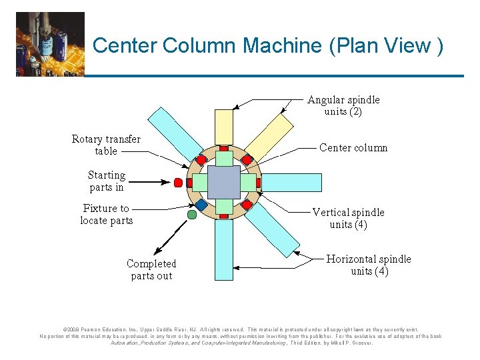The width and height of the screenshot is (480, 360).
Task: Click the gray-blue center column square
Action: pos(223,182)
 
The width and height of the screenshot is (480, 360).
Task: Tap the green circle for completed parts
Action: pos(192,215)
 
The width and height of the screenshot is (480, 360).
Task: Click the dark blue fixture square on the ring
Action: pos(201,204)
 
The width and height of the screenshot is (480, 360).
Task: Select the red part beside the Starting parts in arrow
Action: pos(178,182)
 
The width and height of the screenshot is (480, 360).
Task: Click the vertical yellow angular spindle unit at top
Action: pos(224,127)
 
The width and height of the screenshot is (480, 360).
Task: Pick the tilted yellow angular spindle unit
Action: pos(270,137)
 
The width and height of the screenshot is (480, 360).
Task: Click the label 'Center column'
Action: pos(353,147)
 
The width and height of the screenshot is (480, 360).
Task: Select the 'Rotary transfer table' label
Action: pos(106,145)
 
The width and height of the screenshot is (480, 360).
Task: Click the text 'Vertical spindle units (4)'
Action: pos(348,218)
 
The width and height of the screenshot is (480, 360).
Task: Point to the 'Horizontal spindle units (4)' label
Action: pos(369,265)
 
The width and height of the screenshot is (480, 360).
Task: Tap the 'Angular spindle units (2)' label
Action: pos(343,105)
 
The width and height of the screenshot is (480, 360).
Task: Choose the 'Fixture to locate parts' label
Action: pos(106,214)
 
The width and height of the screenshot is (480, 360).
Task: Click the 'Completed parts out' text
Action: pos(151,269)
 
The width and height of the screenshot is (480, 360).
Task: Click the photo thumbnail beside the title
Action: pos(50,43)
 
